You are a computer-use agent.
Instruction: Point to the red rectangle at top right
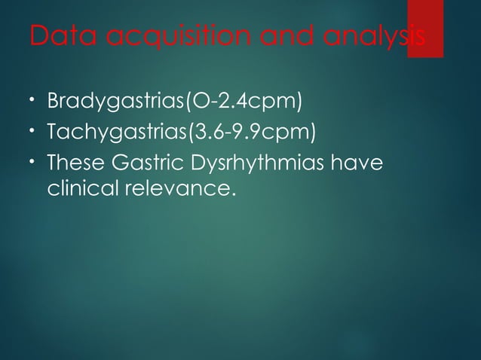coord(424,27)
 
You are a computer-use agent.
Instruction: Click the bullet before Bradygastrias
coord(33,100)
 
